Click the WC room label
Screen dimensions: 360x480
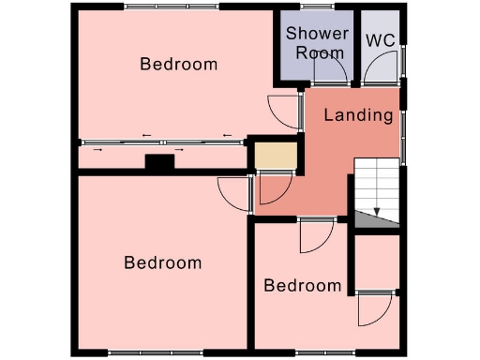(x=380, y=40)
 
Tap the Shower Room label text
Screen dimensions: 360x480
(x=318, y=43)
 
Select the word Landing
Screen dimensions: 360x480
(x=357, y=116)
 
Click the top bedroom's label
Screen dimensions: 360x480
(x=178, y=65)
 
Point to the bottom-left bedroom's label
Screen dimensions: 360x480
(x=163, y=262)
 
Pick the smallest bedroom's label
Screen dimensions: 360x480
(x=302, y=286)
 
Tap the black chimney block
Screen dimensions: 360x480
(x=160, y=163)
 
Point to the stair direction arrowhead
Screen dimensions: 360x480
(x=377, y=212)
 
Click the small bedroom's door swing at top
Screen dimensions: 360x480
(x=313, y=237)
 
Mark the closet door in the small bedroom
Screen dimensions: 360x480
(x=372, y=308)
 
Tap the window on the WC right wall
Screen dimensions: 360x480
(x=404, y=58)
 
